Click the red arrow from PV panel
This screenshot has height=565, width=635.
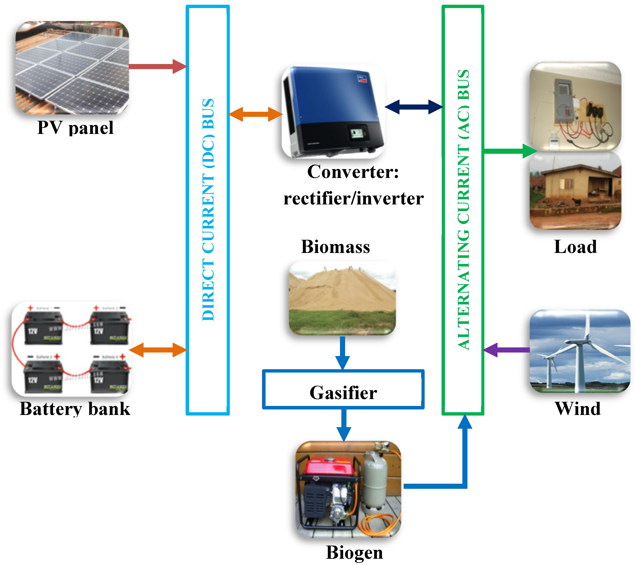(x=157, y=66)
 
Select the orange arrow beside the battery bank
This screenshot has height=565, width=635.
(x=158, y=350)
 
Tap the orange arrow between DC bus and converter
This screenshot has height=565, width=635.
(x=255, y=114)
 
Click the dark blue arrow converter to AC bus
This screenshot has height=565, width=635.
(x=413, y=107)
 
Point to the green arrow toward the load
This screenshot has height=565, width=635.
(x=509, y=151)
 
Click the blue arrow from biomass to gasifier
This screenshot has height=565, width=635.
(x=342, y=353)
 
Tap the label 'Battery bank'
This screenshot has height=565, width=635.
(x=75, y=408)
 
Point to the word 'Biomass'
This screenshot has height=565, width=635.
(x=335, y=247)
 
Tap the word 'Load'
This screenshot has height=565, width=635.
(x=575, y=247)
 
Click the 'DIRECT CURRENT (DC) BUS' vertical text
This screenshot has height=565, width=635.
(x=208, y=210)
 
